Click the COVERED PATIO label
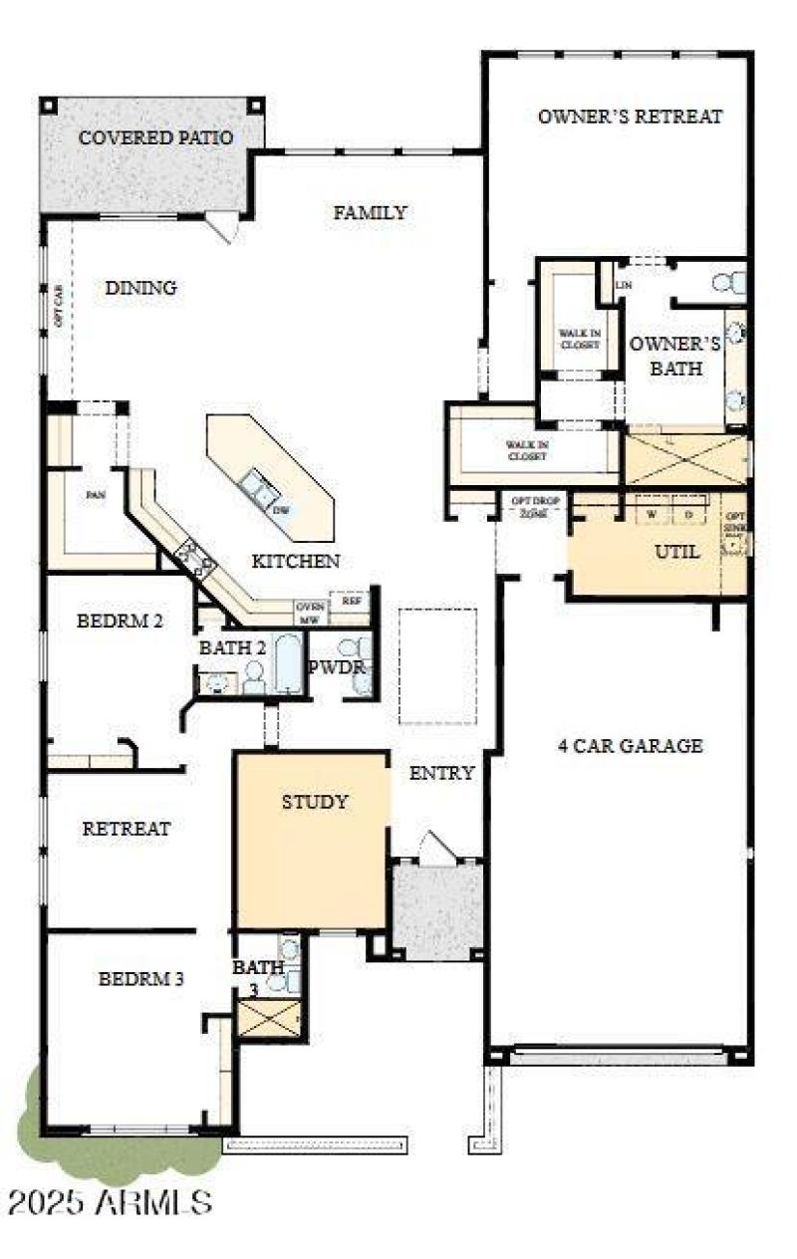click(x=155, y=137)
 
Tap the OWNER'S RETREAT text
click(x=630, y=117)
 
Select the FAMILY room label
click(x=370, y=212)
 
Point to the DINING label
click(x=140, y=288)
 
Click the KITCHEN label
click(x=295, y=562)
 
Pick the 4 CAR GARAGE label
click(x=630, y=746)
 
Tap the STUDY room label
click(x=314, y=802)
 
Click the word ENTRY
click(x=441, y=773)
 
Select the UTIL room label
click(x=676, y=551)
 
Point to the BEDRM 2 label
click(x=120, y=621)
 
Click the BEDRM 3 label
click(x=140, y=979)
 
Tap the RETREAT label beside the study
click(x=127, y=828)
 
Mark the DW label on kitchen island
click(x=283, y=510)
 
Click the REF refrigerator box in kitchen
click(x=352, y=601)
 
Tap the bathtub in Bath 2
click(x=288, y=662)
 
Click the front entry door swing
click(x=435, y=847)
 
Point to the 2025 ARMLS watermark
click(x=110, y=1201)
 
